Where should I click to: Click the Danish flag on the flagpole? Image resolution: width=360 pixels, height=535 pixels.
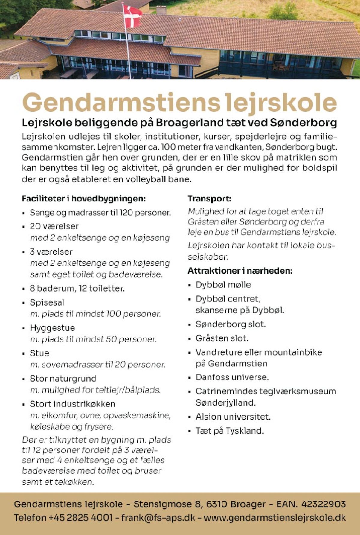pos(132,15)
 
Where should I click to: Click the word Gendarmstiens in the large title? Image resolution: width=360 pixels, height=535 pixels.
pos(121,102)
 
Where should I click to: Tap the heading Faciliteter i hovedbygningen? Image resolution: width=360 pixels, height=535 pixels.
pos(84,199)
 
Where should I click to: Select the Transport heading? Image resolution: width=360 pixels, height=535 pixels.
pos(209,199)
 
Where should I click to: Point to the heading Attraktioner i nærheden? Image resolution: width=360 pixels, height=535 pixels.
pos(240,271)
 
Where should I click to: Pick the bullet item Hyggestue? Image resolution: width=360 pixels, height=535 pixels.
pos(52,328)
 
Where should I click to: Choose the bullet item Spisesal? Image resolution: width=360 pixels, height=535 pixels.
pos(47,302)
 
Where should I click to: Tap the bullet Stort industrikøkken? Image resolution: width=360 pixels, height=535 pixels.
pos(73,404)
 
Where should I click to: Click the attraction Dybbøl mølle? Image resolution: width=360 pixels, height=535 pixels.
pos(223,285)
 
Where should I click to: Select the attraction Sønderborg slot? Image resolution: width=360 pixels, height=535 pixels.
pos(230,324)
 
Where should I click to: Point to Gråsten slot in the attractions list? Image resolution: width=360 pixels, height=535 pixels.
pos(222,338)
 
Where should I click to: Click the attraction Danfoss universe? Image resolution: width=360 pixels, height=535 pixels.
pos(232,377)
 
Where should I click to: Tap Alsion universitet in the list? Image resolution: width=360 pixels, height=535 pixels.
pos(233,417)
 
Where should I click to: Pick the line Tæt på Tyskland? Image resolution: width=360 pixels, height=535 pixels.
pos(229,431)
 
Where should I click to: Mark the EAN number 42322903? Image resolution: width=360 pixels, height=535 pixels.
pos(323,504)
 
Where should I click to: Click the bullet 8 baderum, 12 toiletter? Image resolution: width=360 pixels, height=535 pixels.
pos(77,289)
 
